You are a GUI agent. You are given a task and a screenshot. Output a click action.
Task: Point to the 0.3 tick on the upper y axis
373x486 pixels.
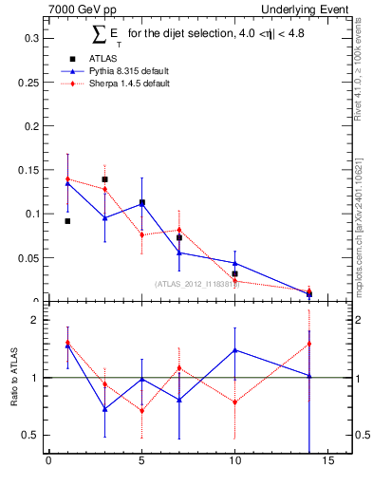tap(32, 38)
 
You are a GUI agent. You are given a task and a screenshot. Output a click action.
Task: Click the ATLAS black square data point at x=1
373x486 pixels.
tap(67, 221)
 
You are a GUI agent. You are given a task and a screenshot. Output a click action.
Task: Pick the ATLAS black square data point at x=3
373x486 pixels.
tap(104, 178)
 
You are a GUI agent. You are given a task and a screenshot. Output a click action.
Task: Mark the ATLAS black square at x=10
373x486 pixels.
tap(234, 273)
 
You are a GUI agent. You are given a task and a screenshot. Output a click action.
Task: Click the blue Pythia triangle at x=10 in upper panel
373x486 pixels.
tap(234, 263)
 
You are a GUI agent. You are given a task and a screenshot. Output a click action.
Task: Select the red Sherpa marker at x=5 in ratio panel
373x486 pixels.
tap(141, 411)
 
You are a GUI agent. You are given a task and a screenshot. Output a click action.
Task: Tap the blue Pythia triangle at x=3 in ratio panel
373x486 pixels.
tap(104, 409)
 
